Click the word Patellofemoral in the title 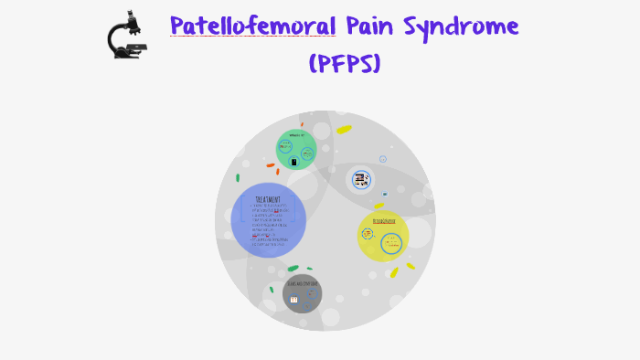pos(252,26)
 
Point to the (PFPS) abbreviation pos(344,63)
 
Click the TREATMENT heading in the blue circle pos(268,198)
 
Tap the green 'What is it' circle pos(296,150)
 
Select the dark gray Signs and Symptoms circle pos(302,293)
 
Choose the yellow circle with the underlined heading pos(383,236)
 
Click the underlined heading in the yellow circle pos(384,221)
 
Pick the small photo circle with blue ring pos(361,180)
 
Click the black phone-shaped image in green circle pos(293,162)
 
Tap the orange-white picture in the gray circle pos(293,299)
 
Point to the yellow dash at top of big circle pos(344,130)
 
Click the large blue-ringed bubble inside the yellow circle pos(391,244)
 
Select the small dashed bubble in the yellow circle pos(368,234)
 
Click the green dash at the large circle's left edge pos(238,178)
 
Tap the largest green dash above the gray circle pos(293,269)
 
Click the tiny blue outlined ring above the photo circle pos(383,159)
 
